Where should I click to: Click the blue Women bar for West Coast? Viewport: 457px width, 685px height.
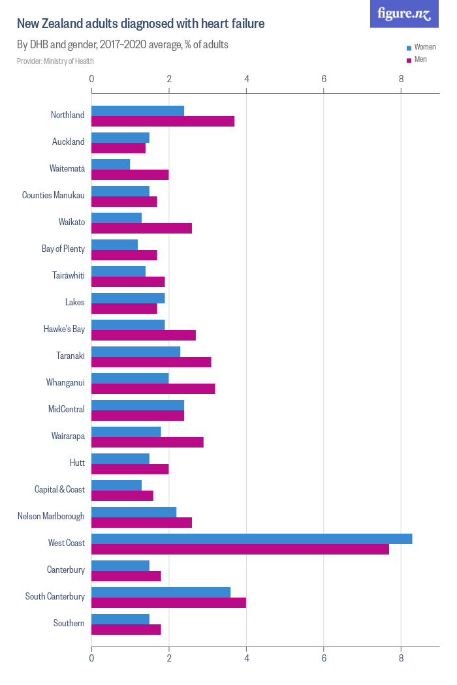tap(251, 538)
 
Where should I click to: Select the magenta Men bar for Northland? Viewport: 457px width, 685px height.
tap(163, 121)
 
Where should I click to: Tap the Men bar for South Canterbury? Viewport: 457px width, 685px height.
tap(168, 603)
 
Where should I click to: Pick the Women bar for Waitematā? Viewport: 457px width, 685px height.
tap(110, 164)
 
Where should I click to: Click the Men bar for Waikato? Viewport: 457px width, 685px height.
tap(141, 228)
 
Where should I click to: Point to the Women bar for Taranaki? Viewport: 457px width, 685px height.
tap(135, 352)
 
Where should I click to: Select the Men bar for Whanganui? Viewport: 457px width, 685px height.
tap(153, 389)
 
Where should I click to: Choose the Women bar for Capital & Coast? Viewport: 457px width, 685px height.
tap(116, 485)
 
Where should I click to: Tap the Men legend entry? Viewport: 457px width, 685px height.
tap(420, 59)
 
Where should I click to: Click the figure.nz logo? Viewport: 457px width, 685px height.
tap(404, 14)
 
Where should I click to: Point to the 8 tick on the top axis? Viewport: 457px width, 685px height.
tap(402, 79)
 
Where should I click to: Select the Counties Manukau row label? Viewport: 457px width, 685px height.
tap(54, 195)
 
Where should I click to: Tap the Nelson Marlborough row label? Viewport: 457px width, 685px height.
tap(51, 516)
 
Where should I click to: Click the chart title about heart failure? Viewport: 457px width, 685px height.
tap(140, 24)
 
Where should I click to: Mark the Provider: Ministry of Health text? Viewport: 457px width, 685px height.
tap(55, 61)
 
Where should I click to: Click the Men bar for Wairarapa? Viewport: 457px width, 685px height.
tap(147, 442)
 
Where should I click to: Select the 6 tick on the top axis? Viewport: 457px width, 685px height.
tap(324, 79)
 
